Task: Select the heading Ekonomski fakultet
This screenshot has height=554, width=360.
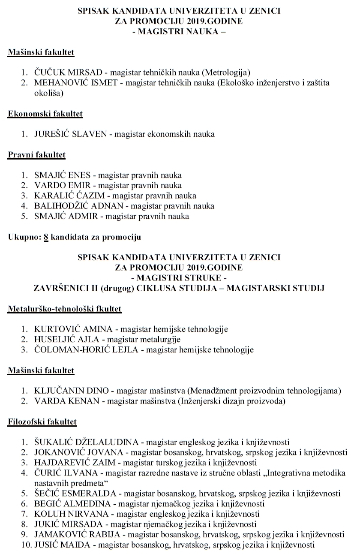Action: click(x=45, y=114)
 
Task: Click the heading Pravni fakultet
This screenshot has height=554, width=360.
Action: click(x=36, y=154)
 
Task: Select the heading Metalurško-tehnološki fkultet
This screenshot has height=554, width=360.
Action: click(x=64, y=309)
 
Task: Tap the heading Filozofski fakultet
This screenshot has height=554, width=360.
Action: click(x=42, y=422)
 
